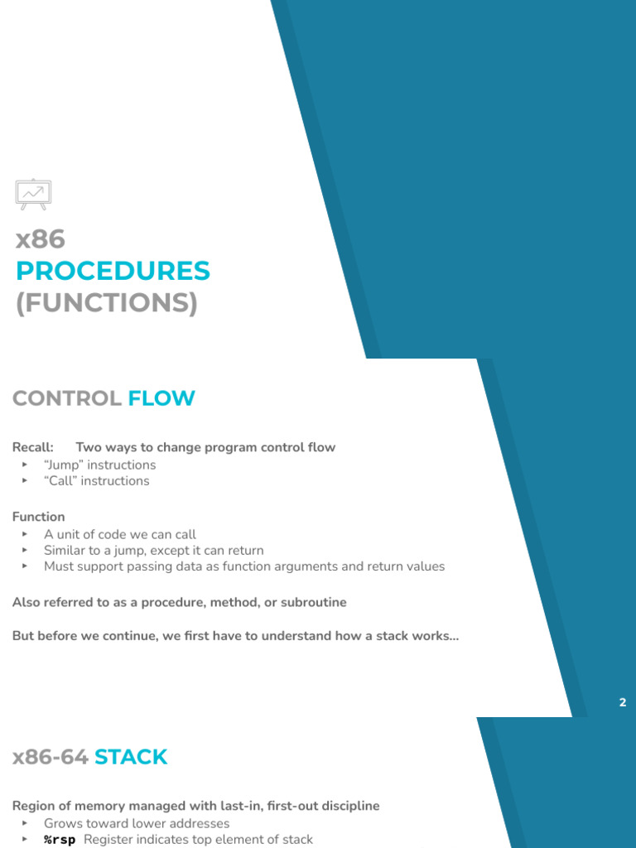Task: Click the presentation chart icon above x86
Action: click(33, 193)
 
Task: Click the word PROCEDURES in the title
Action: click(113, 271)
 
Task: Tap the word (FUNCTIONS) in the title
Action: click(107, 303)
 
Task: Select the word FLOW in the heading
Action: click(161, 398)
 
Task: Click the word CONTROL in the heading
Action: click(66, 398)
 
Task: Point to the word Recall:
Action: click(33, 447)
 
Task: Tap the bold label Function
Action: click(39, 517)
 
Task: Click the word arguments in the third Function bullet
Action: click(301, 566)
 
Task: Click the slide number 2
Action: click(623, 702)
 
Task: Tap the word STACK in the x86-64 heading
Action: click(131, 757)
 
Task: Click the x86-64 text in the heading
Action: click(50, 757)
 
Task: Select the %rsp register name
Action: click(60, 840)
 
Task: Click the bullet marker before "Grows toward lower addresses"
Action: click(25, 824)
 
